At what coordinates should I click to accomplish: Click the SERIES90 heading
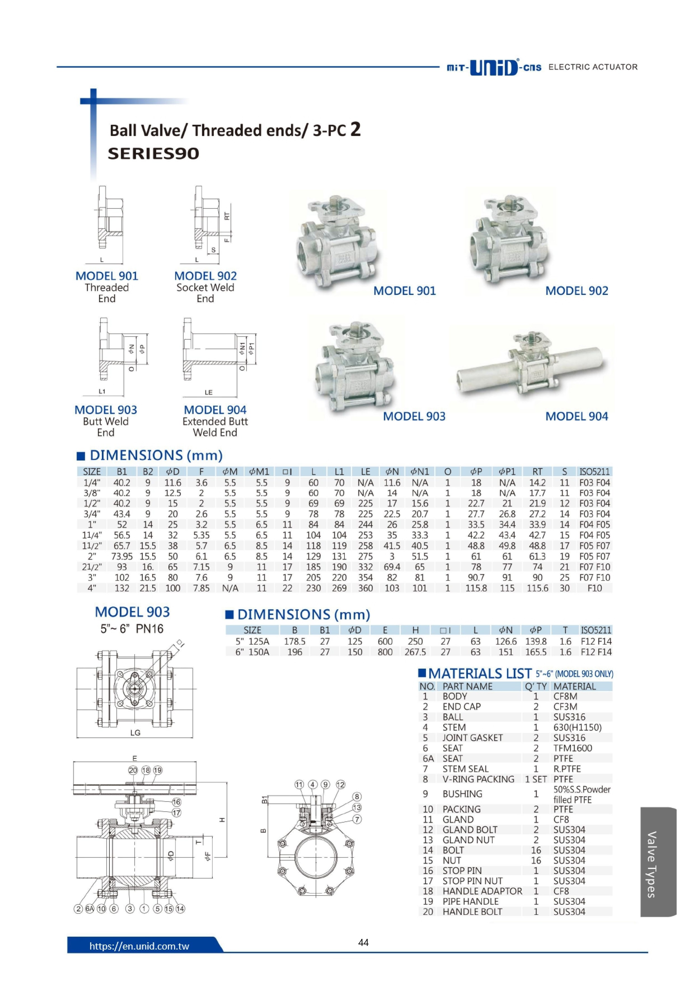153,154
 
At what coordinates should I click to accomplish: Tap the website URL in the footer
139,946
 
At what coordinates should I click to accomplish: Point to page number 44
363,942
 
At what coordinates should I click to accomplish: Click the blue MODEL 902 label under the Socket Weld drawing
205,276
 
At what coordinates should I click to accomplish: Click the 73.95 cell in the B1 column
122,556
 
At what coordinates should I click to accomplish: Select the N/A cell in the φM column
230,588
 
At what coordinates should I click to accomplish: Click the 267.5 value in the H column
415,652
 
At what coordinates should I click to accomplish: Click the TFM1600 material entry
573,748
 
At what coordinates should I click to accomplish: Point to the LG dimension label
135,733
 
